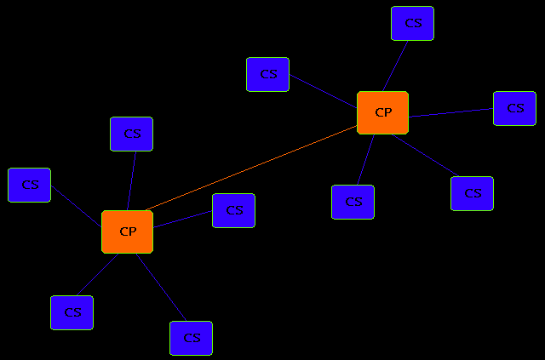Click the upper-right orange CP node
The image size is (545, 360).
click(x=382, y=112)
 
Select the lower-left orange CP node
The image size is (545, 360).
click(x=127, y=231)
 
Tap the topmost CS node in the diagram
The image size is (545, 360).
click(x=412, y=23)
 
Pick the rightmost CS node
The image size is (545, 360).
click(x=514, y=108)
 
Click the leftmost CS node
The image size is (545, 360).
click(x=29, y=185)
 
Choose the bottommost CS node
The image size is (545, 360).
click(x=191, y=338)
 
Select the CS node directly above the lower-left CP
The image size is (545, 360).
click(x=131, y=134)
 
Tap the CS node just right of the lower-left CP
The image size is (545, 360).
click(x=233, y=210)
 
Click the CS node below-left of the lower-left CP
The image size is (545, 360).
click(x=72, y=312)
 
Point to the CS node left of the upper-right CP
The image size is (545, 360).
click(x=267, y=74)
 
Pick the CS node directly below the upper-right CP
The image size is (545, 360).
click(x=353, y=202)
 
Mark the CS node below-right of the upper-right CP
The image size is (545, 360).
click(x=472, y=193)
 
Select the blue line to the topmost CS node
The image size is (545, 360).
click(x=399, y=66)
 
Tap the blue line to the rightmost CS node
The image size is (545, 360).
click(x=451, y=112)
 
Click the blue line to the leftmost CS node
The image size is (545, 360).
click(x=76, y=208)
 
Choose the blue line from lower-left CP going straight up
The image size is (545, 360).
click(x=132, y=180)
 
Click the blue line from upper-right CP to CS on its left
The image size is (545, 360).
click(x=324, y=91)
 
